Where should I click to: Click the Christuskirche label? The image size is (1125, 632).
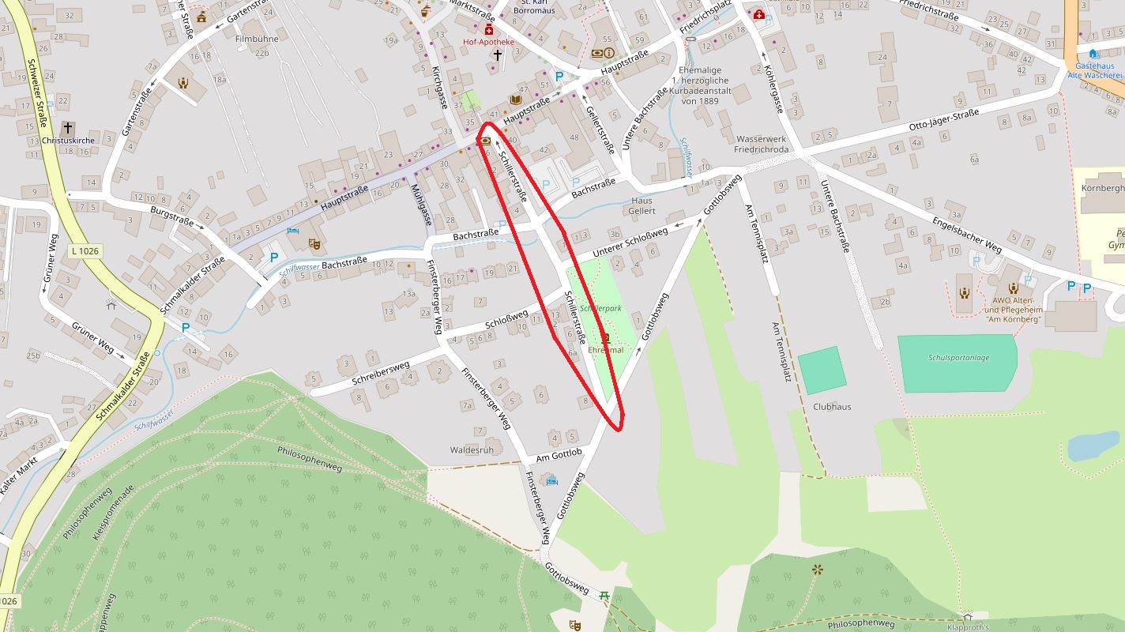(x=67, y=141)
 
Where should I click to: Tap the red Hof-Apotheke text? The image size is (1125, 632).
(x=488, y=42)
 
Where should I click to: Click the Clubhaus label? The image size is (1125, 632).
(x=832, y=407)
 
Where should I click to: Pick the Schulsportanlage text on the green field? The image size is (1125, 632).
(x=958, y=358)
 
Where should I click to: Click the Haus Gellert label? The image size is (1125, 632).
(x=642, y=205)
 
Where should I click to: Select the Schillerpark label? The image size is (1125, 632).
(x=600, y=307)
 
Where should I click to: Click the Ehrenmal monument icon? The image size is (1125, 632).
(x=607, y=338)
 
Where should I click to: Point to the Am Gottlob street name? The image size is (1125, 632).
(x=559, y=456)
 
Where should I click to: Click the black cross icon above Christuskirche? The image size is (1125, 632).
(x=67, y=127)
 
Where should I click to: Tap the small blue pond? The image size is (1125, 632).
(x=1094, y=446)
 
